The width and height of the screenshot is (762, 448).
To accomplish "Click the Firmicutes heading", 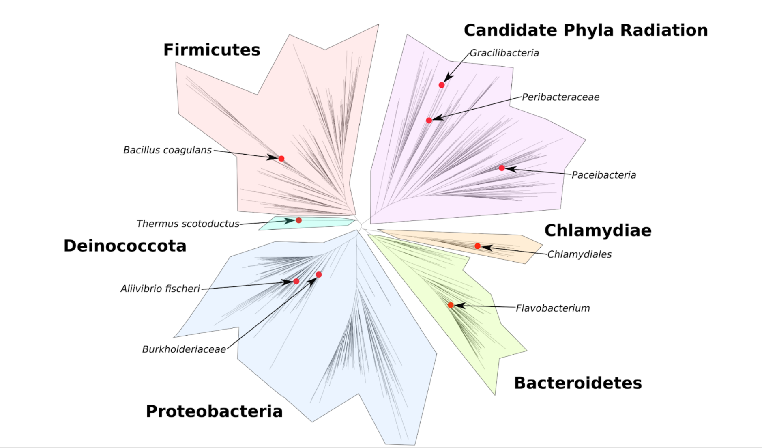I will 212,50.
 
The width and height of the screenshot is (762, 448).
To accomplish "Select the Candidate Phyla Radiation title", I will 586,30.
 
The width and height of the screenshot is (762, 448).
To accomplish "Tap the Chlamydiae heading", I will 598,230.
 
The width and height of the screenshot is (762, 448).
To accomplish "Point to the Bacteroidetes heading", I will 578,383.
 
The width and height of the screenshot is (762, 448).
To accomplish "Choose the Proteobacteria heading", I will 214,411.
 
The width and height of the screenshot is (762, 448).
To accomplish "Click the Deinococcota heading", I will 125,246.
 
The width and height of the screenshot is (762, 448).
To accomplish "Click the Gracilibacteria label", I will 504,53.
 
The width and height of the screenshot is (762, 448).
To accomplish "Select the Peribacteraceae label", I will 560,97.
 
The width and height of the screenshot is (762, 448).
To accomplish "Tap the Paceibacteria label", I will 603,175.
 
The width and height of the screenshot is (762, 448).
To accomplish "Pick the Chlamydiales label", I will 579,254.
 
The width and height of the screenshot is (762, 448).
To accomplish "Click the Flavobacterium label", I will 553,308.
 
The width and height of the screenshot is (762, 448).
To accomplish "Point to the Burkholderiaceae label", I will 184,349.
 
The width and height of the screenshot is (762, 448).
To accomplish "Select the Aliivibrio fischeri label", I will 160,289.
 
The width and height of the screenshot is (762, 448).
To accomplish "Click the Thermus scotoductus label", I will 188,224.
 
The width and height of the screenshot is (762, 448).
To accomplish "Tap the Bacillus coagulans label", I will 167,150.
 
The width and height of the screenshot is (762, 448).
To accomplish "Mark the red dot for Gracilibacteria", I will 442,85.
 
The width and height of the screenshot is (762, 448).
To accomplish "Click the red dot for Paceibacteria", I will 502,168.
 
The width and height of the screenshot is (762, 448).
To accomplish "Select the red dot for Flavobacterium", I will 451,305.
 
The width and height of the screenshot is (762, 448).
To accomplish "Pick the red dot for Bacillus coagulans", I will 281,159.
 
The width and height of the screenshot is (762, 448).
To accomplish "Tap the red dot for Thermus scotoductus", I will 299,220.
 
